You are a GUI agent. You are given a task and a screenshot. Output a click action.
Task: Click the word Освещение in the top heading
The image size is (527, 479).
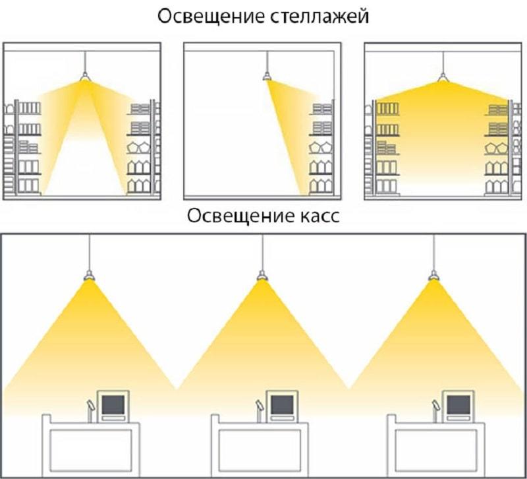tap(211, 16)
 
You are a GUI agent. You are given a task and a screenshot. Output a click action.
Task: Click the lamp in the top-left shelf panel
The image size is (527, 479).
tap(85, 77)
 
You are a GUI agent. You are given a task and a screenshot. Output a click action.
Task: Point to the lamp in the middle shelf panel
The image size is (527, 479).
tap(267, 77)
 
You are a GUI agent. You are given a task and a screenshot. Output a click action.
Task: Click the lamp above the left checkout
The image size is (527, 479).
tap(89, 275)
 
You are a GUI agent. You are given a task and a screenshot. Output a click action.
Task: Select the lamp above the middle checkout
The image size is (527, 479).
tap(262, 275)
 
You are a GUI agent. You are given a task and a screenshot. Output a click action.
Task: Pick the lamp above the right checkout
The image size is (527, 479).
tap(433, 275)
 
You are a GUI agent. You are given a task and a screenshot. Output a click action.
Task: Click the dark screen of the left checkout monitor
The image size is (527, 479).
tap(113, 404)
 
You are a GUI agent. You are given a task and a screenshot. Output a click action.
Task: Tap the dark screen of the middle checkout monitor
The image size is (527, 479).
tap(283, 404)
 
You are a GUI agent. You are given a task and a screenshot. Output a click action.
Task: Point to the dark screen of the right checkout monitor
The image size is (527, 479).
tap(458, 404)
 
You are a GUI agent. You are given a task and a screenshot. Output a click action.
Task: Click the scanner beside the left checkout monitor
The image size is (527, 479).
tap(91, 410)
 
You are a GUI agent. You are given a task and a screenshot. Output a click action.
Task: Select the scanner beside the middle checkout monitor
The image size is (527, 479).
tap(260, 410)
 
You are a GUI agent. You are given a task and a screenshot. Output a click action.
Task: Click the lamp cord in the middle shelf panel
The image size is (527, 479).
tap(267, 62)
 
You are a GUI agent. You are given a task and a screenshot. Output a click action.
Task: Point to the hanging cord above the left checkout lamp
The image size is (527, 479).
tap(89, 252)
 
